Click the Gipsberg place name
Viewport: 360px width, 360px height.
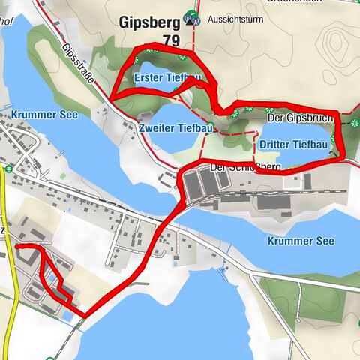[x=149, y=22]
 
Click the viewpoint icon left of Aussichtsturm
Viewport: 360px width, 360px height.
[x=193, y=19]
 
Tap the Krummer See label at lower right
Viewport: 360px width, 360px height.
[x=300, y=241]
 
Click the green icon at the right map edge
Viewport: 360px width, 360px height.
[x=353, y=124]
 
